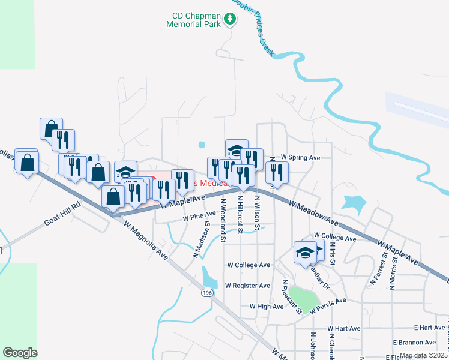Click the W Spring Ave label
point(300,158)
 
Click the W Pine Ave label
point(199,215)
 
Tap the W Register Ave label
point(248,286)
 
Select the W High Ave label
point(267,307)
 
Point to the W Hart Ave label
point(343,328)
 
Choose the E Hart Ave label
point(429,328)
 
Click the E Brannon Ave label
point(414,342)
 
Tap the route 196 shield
point(208,292)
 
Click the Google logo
point(20,353)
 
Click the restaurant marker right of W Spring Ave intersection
point(276,172)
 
